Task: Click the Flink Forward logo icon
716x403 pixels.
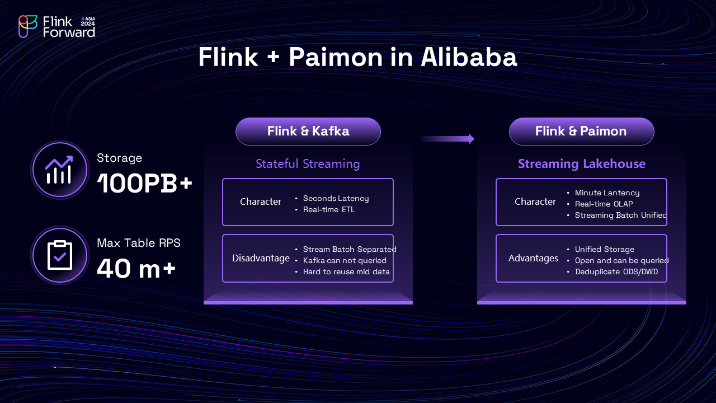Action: tap(27, 26)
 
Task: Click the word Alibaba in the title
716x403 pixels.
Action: tap(469, 58)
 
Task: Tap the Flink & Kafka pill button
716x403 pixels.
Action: tap(308, 132)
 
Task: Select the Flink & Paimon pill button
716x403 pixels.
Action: tap(581, 132)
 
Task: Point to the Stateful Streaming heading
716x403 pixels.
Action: tap(308, 163)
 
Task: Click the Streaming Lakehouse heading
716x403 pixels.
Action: tap(581, 163)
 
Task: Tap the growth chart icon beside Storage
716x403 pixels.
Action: tap(59, 170)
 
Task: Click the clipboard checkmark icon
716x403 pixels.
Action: tap(59, 255)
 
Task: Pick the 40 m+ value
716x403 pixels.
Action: tap(136, 269)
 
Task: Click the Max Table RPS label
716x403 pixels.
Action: tap(138, 243)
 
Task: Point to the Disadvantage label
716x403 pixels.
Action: tap(261, 258)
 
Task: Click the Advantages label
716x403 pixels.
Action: tap(533, 258)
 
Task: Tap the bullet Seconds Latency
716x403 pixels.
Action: tap(336, 198)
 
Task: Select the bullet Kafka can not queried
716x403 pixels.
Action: tap(344, 260)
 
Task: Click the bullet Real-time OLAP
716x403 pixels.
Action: tap(604, 204)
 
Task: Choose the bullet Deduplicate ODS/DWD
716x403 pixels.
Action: tap(616, 271)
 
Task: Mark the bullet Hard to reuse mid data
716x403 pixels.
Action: tap(346, 271)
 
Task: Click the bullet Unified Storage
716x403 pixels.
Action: tap(604, 249)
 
